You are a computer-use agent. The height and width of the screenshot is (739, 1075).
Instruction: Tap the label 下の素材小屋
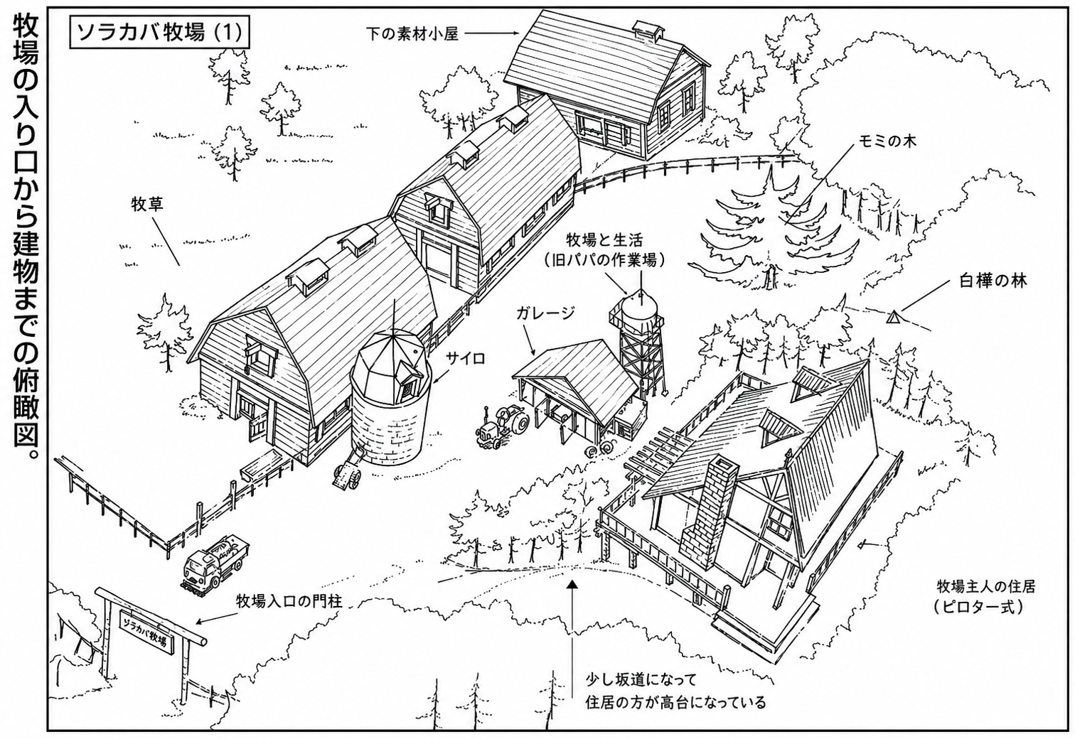coord(412,33)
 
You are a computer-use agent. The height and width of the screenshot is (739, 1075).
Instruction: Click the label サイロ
coord(466,357)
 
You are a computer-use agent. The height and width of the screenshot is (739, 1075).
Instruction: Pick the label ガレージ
coord(545,314)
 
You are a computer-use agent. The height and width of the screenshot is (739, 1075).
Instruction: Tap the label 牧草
coord(147,205)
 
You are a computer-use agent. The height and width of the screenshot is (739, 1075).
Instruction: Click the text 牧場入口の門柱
coord(289,600)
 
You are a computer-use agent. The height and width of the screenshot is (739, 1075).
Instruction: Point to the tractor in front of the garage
coord(501,426)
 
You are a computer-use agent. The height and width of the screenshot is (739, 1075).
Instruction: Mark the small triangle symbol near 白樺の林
coord(892,317)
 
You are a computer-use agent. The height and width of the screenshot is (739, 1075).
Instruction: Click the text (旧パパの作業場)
coord(605,259)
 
